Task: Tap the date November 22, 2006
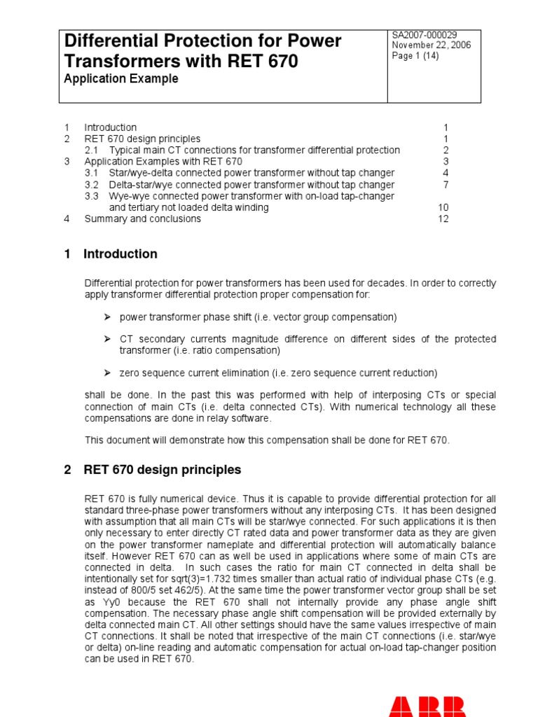pos(432,46)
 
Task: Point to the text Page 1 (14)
pos(415,57)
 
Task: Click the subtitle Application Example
pos(121,79)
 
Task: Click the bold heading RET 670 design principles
pos(162,470)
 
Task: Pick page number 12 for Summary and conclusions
pos(443,218)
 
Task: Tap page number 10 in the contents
pos(443,207)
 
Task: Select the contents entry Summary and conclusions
pos(142,218)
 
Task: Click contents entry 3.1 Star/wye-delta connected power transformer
pos(240,173)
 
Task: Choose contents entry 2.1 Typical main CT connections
pos(242,150)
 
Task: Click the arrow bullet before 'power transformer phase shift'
pos(108,317)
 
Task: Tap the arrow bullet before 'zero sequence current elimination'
pos(108,373)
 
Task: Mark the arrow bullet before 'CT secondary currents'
pos(108,339)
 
